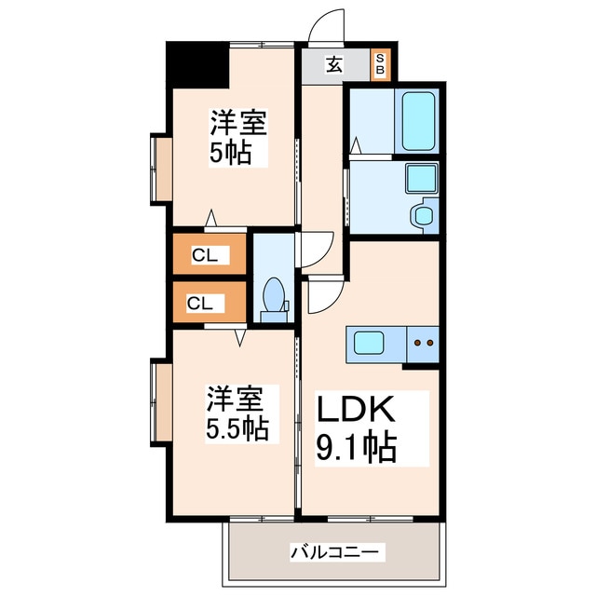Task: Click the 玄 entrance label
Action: tap(332, 64)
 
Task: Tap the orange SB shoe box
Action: tap(380, 64)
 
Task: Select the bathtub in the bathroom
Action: tap(418, 121)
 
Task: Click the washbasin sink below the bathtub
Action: tap(422, 176)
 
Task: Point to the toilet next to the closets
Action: tap(275, 298)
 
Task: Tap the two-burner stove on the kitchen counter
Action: tap(423, 344)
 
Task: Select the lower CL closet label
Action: tap(200, 303)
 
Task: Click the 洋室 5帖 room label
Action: tap(237, 137)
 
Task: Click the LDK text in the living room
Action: tap(359, 410)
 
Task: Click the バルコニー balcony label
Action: tap(333, 552)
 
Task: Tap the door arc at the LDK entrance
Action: tap(322, 297)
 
